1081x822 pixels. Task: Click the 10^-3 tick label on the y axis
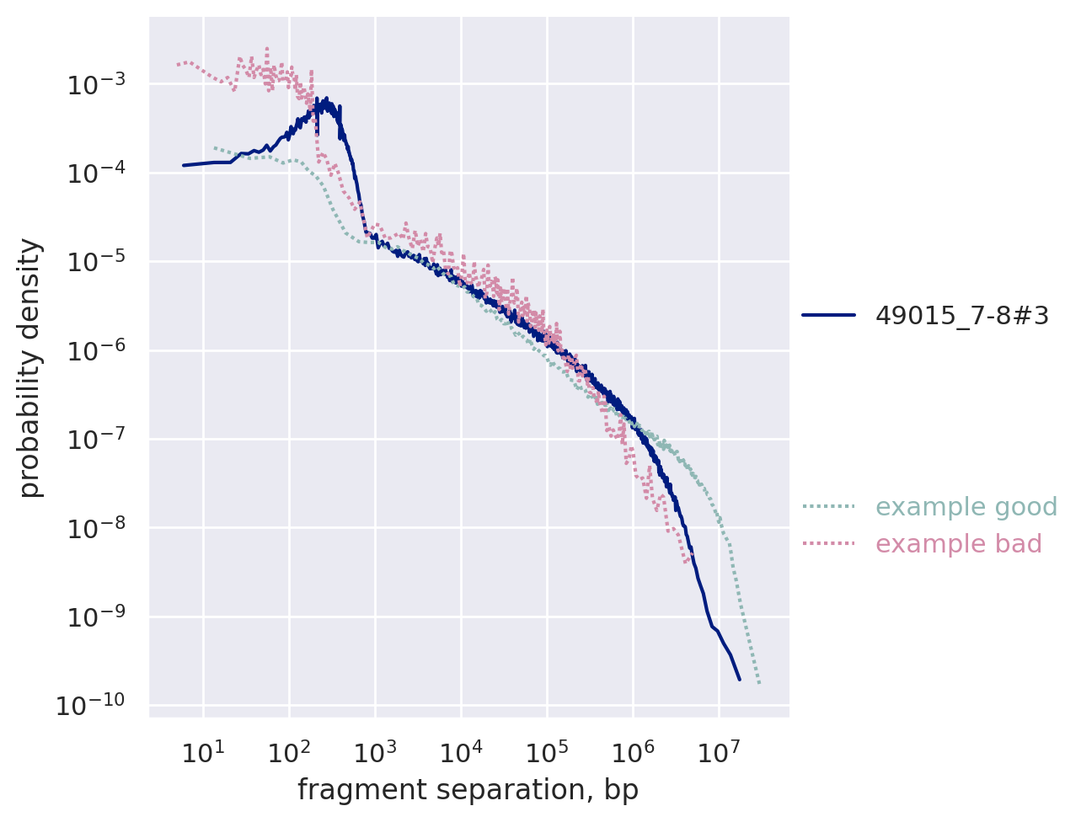point(98,84)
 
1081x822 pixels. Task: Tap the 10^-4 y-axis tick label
point(98,173)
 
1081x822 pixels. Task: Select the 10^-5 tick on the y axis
point(98,262)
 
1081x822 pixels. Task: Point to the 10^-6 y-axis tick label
point(98,350)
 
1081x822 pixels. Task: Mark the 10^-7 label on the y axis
point(98,439)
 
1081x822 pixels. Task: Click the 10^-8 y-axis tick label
point(98,528)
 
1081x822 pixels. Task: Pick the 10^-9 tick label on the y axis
point(98,616)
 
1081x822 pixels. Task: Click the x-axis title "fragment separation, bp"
point(468,791)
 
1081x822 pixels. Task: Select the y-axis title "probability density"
point(30,367)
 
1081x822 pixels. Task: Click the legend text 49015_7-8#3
point(962,315)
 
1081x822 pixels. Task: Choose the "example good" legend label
point(966,507)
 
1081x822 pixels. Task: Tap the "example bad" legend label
point(959,544)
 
